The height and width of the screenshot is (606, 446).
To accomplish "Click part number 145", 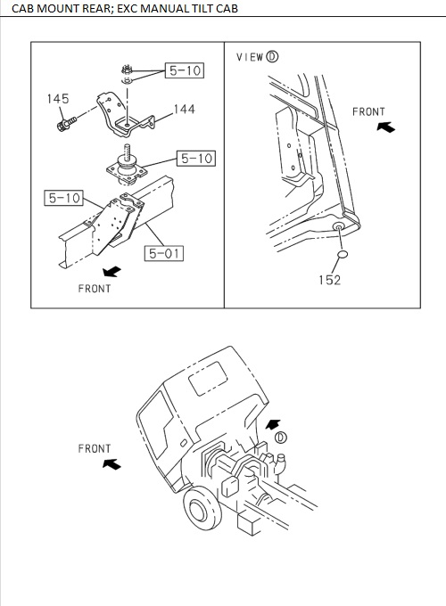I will point(58,99).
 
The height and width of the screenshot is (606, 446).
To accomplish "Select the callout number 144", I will point(184,110).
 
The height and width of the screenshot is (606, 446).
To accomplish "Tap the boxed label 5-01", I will point(164,254).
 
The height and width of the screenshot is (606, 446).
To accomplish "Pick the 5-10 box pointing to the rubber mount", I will point(195,159).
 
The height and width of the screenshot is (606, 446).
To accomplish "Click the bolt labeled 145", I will point(63,125).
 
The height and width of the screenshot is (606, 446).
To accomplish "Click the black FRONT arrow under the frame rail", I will point(111,270).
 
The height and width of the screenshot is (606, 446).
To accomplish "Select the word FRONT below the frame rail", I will point(95,289).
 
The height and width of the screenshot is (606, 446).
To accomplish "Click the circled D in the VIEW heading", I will point(272,56).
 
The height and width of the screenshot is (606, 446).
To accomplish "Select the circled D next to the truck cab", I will point(281,438).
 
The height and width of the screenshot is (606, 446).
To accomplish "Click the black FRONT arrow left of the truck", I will point(111,463).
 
